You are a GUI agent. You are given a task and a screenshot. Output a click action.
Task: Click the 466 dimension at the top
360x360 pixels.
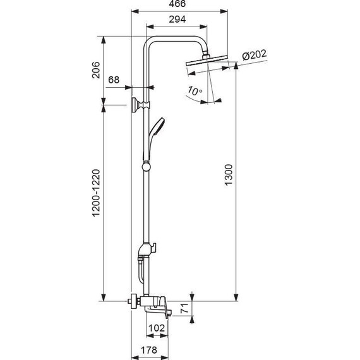pos(178,5)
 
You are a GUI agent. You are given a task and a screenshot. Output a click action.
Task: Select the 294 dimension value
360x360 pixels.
pos(177,20)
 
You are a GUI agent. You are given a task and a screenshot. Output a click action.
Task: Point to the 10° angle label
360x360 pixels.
pos(195,91)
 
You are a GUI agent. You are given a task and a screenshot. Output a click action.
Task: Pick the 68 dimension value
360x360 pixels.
pos(114,80)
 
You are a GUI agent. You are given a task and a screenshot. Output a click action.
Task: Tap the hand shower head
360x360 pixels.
pos(158,126)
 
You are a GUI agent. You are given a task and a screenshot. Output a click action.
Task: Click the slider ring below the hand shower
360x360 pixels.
pos(147,167)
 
